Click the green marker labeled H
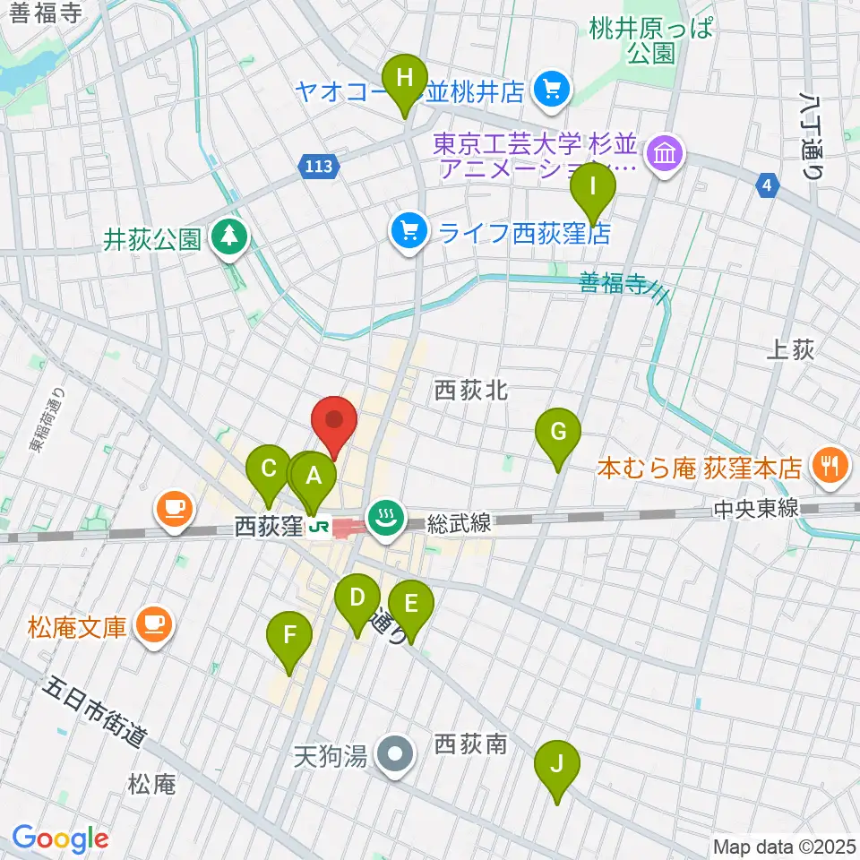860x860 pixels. pyautogui.click(x=405, y=78)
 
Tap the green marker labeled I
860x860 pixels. pyautogui.click(x=593, y=187)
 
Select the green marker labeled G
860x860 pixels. pyautogui.click(x=557, y=433)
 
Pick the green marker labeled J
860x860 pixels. pyautogui.click(x=556, y=765)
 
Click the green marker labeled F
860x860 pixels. pyautogui.click(x=289, y=636)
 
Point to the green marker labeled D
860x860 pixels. pyautogui.click(x=357, y=598)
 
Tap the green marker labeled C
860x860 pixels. pyautogui.click(x=268, y=469)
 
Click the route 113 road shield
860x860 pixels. pyautogui.click(x=322, y=166)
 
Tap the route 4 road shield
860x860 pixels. pyautogui.click(x=766, y=185)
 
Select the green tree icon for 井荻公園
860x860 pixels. pyautogui.click(x=231, y=237)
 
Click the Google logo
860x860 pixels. pyautogui.click(x=59, y=838)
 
